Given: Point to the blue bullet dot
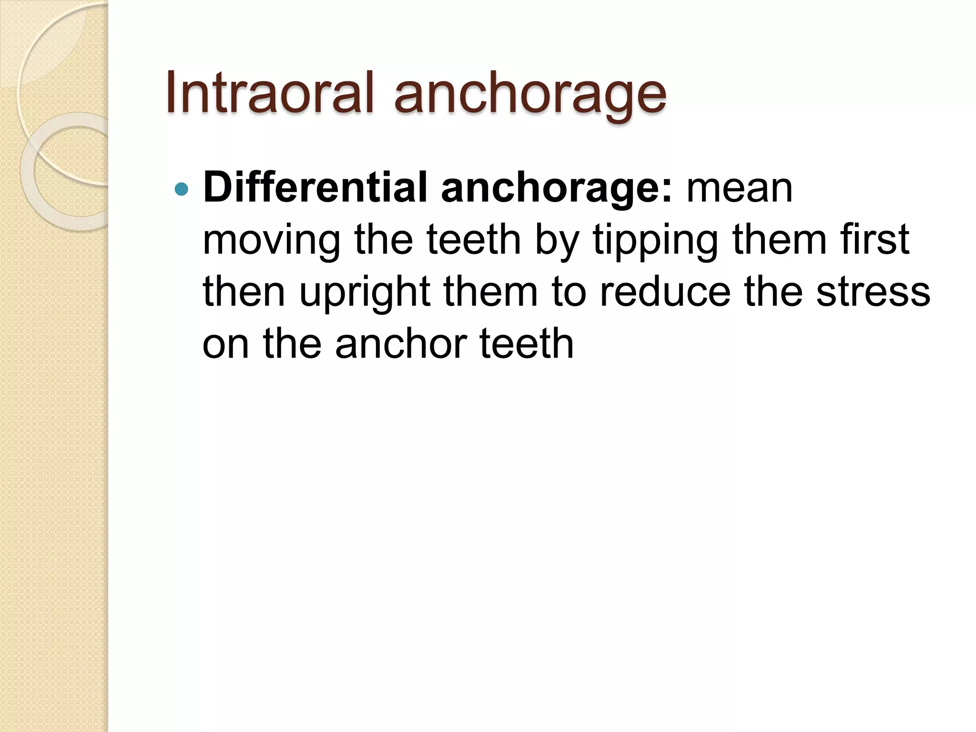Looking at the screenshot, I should pyautogui.click(x=182, y=190).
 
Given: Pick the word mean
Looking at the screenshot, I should pyautogui.click(x=739, y=189).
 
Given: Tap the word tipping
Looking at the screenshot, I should pyautogui.click(x=655, y=241).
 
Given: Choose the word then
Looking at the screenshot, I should pyautogui.click(x=244, y=292).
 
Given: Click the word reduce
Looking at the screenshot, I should pyautogui.click(x=665, y=292).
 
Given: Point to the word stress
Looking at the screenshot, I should pyautogui.click(x=873, y=292).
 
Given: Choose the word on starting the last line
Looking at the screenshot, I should pyautogui.click(x=225, y=344).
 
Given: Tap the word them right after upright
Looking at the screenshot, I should pyautogui.click(x=491, y=292).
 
